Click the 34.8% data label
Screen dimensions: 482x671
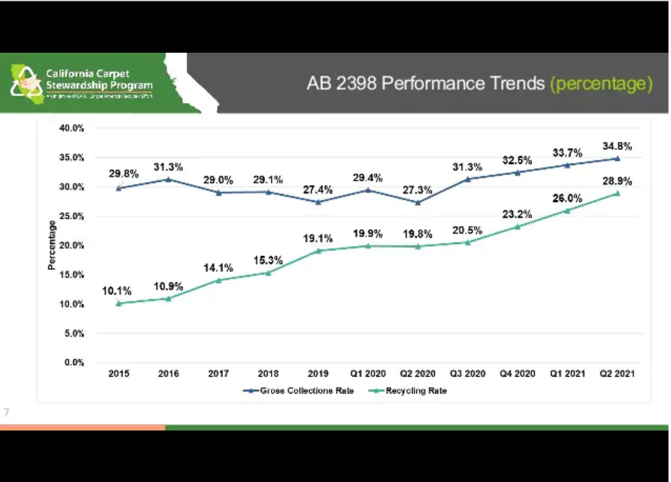[x=616, y=146]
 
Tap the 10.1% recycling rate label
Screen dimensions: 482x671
[x=117, y=291]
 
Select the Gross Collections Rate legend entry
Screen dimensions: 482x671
[x=298, y=390]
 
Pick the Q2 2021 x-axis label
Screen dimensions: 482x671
[x=616, y=373]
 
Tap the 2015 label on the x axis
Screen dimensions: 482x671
[x=119, y=373]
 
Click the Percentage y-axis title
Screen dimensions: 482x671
[x=52, y=245]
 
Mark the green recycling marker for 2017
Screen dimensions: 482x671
[x=218, y=280]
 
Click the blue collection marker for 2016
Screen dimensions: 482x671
[x=168, y=179]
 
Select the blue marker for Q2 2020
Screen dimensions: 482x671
[x=417, y=202]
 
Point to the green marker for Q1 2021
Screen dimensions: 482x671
[x=567, y=210]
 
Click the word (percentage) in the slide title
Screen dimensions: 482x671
[x=601, y=83]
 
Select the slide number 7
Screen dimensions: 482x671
[x=7, y=412]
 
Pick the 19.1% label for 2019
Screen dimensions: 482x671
[x=318, y=239]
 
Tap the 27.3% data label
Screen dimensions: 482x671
[x=417, y=190]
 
